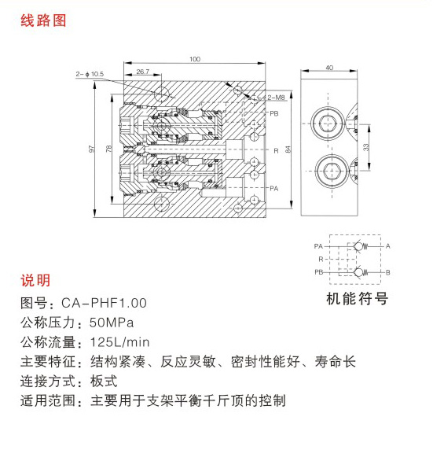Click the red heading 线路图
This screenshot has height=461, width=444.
click(x=43, y=21)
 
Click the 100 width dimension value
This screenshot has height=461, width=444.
click(x=195, y=59)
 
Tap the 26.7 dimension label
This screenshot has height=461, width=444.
click(x=143, y=72)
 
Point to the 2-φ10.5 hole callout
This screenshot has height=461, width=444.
click(x=90, y=74)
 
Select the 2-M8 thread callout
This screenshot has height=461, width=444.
click(x=276, y=98)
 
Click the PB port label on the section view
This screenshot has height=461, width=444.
click(x=274, y=113)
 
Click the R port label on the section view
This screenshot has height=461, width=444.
click(x=276, y=151)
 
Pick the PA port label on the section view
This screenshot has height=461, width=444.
click(x=274, y=189)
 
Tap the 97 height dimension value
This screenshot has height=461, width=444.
click(x=92, y=149)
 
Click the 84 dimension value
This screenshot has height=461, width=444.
click(x=288, y=149)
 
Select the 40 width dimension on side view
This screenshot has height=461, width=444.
click(x=329, y=68)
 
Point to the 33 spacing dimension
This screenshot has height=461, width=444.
click(x=365, y=147)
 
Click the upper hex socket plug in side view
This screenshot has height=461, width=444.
click(x=328, y=124)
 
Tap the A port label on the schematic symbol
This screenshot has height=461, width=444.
click(x=388, y=246)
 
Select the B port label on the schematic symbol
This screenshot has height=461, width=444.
click(x=388, y=272)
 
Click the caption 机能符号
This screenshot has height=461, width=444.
click(x=357, y=298)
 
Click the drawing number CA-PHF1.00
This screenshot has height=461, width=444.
click(x=104, y=303)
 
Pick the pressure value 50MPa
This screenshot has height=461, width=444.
click(x=112, y=323)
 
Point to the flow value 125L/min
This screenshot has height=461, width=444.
click(x=119, y=342)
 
